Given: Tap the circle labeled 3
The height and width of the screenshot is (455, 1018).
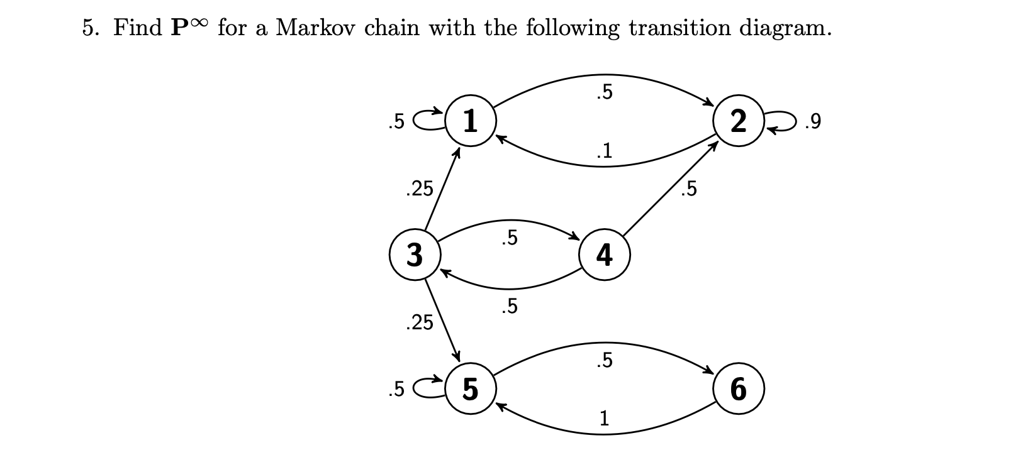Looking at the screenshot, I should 414,255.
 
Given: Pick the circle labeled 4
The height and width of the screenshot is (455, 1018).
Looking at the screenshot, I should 604,255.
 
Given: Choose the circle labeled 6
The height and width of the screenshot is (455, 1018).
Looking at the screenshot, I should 739,389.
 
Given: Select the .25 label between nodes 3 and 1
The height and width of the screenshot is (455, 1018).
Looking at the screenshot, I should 420,188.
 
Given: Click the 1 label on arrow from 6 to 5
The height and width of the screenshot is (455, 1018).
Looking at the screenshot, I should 604,418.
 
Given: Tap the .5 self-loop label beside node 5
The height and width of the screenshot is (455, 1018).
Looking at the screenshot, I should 396,390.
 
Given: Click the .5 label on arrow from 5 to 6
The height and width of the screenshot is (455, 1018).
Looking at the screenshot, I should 603,360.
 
